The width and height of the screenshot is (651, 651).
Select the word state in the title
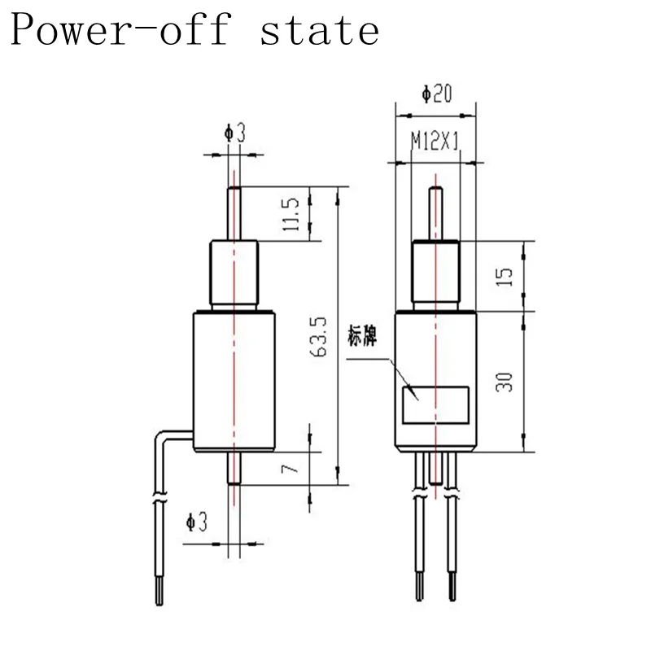tap(320, 31)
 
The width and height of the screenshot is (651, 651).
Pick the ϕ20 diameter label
tap(437, 94)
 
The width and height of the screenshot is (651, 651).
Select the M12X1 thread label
tap(435, 142)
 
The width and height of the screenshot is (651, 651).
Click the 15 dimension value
tap(505, 276)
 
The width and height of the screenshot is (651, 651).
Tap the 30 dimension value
tap(505, 381)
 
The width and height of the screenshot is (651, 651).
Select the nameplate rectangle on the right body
tap(435, 404)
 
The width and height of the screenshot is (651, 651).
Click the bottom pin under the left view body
tap(234, 468)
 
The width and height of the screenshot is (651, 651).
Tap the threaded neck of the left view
tap(234, 275)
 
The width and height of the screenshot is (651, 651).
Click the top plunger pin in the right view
tap(436, 214)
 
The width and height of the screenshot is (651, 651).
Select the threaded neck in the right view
tap(436, 276)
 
